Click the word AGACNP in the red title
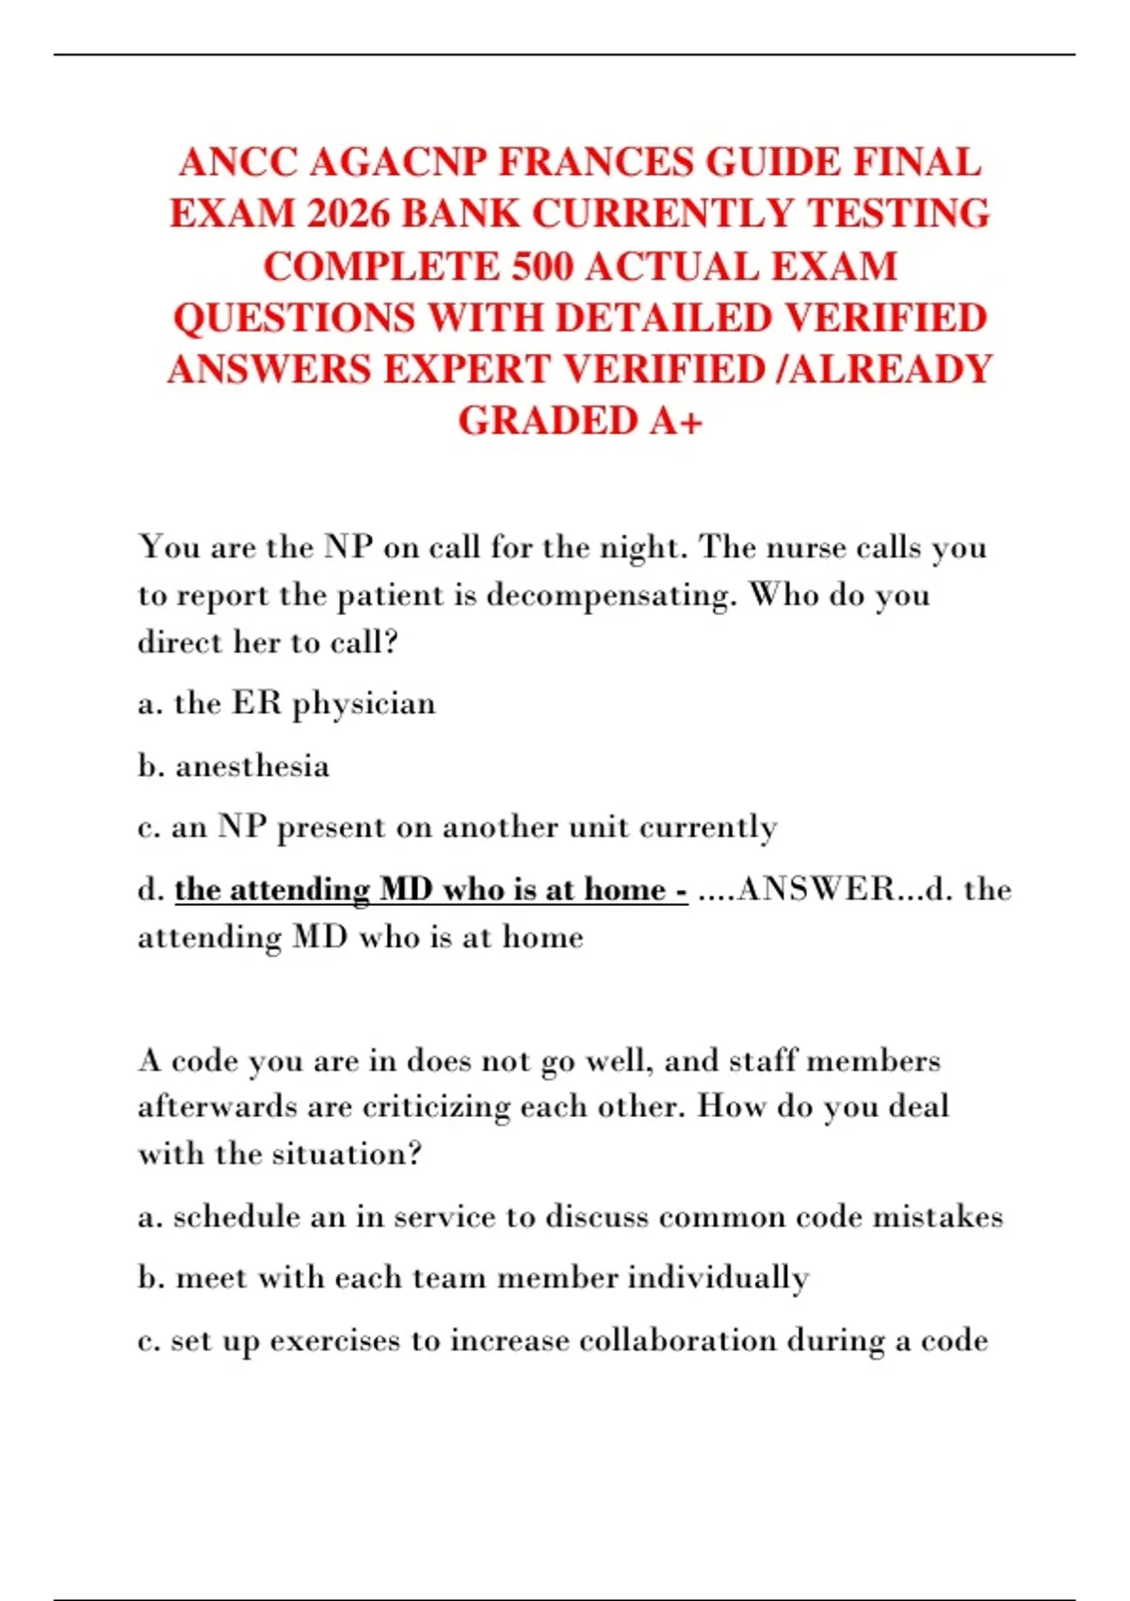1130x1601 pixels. tap(396, 163)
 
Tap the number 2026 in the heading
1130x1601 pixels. tap(347, 215)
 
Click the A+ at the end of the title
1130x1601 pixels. tap(676, 421)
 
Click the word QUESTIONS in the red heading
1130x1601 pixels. tap(293, 318)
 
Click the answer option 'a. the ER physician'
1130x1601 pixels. tap(286, 704)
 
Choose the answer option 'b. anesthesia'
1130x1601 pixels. tap(234, 767)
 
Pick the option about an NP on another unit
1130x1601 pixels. tap(457, 828)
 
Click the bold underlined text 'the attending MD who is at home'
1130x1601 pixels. tap(430, 890)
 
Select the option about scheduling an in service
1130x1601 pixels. tap(570, 1218)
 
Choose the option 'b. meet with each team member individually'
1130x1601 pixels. tap(473, 1279)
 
